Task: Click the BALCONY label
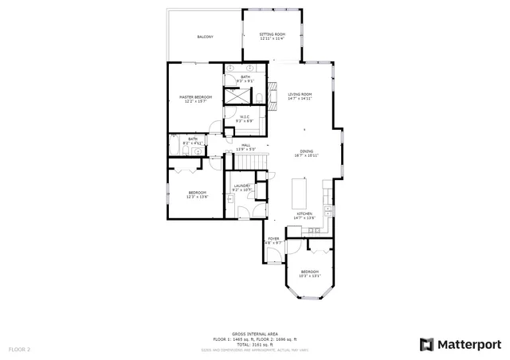(x=205, y=37)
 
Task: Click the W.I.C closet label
(x=245, y=118)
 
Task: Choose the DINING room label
(x=306, y=153)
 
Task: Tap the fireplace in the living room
(x=269, y=94)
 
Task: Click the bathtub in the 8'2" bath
(x=175, y=148)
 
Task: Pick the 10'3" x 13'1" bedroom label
(x=310, y=273)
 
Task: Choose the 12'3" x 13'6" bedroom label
(x=197, y=194)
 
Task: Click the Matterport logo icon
(x=427, y=344)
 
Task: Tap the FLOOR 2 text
(x=19, y=349)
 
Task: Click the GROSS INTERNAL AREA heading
(x=254, y=335)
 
